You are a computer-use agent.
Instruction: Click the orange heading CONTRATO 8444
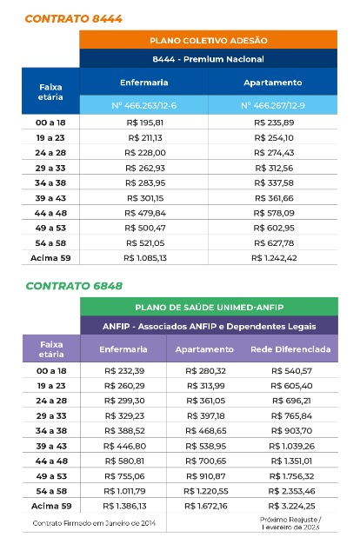tap(73, 19)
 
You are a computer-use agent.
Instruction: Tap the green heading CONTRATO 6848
tap(74, 286)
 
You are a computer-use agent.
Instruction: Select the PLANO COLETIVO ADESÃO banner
tap(209, 40)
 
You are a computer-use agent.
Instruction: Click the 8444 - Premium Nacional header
tap(209, 59)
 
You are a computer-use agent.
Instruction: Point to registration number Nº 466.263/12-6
tap(144, 105)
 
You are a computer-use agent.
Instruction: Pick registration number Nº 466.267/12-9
tap(273, 105)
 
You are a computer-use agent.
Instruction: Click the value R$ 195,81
tap(145, 123)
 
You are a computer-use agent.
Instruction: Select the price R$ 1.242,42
tap(274, 258)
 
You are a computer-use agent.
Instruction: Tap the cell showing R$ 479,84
tap(145, 213)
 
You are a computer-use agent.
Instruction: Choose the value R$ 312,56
tap(274, 169)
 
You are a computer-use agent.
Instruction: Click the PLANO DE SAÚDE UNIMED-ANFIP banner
tap(210, 308)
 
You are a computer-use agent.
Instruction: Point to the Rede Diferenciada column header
tap(290, 349)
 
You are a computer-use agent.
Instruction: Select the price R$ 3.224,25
tap(291, 506)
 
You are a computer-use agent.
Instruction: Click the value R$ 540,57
tap(291, 371)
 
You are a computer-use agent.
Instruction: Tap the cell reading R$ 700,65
tap(206, 461)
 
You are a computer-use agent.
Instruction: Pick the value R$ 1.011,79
tap(124, 491)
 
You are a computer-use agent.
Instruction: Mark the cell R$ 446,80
tap(124, 446)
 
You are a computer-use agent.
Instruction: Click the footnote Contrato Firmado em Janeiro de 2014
tap(94, 523)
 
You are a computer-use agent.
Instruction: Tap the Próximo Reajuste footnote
tap(290, 523)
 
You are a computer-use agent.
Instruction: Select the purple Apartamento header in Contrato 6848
tap(204, 349)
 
